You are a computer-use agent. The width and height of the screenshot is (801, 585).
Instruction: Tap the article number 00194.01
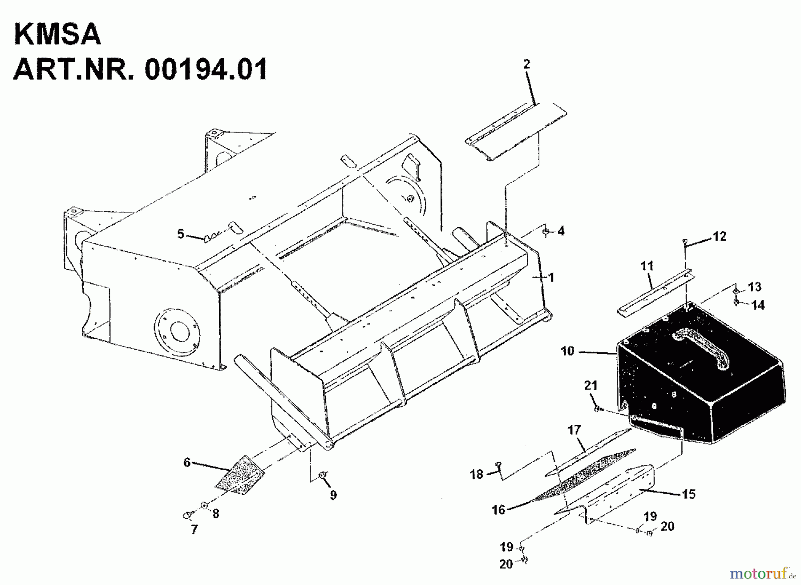tap(206, 69)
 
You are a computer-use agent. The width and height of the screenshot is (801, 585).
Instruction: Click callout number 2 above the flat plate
tap(527, 65)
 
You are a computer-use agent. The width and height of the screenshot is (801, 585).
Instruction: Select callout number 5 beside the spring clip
tap(181, 234)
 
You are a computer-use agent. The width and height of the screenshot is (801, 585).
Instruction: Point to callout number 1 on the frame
tap(551, 278)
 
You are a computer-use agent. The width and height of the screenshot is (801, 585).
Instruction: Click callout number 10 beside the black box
tap(568, 351)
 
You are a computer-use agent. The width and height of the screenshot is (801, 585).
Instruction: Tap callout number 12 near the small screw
tap(720, 236)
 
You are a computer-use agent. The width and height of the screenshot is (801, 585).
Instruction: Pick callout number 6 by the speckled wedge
tap(187, 463)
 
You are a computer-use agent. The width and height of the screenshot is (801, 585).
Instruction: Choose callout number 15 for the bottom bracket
tap(689, 494)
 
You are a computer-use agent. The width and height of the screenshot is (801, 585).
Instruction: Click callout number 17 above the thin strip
tap(574, 430)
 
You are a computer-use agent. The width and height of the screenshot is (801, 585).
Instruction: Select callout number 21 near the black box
tap(591, 386)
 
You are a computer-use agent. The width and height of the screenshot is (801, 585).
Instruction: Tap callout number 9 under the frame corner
tap(333, 495)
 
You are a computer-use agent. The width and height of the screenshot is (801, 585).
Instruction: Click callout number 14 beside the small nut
tap(758, 305)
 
